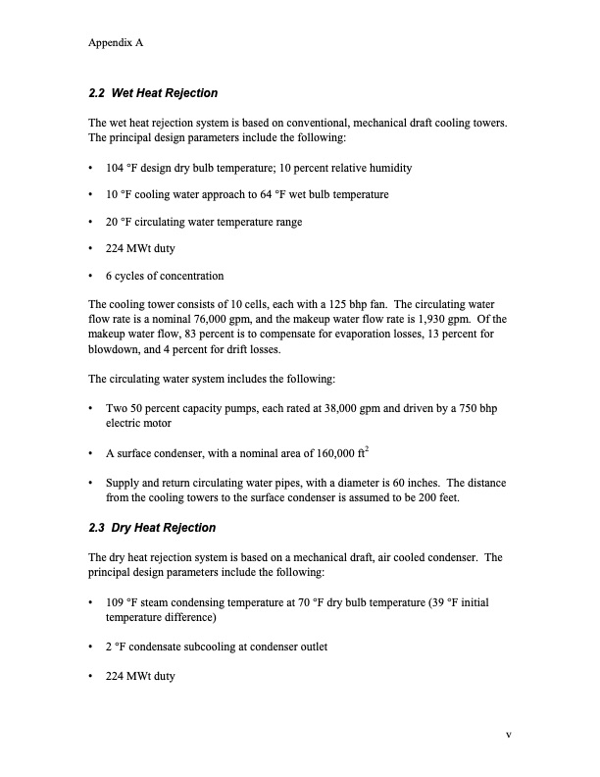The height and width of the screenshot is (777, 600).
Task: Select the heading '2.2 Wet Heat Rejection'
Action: pos(153,93)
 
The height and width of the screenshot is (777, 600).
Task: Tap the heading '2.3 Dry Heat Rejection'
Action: pos(152,528)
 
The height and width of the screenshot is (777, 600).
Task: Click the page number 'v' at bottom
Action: pos(509,735)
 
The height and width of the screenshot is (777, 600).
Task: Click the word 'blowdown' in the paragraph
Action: pos(117,349)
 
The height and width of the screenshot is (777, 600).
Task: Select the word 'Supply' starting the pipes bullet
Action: pos(122,482)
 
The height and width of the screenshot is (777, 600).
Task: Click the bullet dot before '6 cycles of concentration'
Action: pos(91,276)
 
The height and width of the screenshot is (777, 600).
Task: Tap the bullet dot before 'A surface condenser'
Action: pos(91,453)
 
